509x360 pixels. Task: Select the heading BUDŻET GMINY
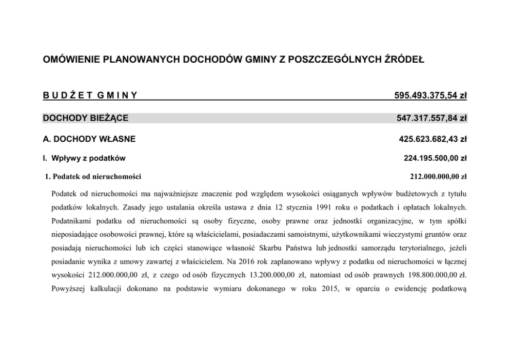(89, 95)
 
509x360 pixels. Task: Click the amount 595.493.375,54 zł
(430, 95)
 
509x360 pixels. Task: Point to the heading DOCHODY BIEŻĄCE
(85, 118)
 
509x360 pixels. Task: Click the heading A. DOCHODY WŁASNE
(89, 139)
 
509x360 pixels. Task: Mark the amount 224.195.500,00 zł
(435, 158)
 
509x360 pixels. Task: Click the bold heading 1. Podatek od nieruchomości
(93, 177)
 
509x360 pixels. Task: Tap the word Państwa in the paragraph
(301, 248)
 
